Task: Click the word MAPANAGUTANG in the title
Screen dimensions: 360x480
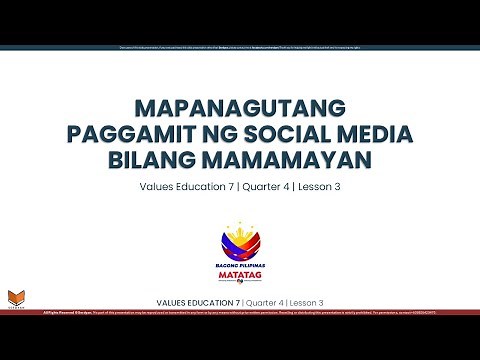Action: tap(240, 107)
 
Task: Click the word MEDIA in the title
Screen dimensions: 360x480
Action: tap(383, 134)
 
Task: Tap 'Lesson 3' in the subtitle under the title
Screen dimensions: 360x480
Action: tap(317, 187)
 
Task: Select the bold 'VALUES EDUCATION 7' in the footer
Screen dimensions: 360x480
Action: tap(198, 301)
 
